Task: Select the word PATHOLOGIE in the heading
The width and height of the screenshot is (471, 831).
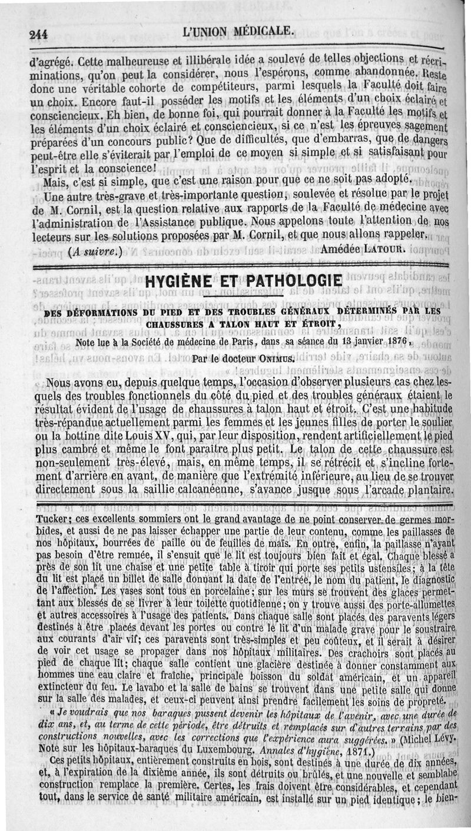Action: pos(283,281)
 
